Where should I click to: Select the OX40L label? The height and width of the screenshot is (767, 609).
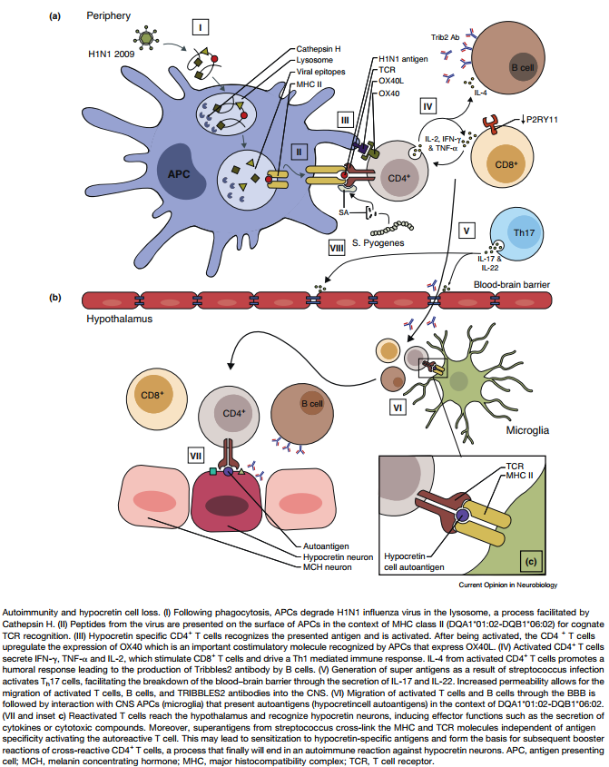[391, 81]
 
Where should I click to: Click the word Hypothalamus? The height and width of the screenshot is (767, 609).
[118, 320]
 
